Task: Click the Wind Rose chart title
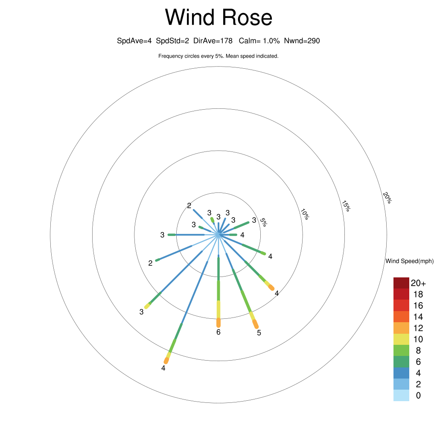(x=218, y=17)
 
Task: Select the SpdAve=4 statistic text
(x=134, y=41)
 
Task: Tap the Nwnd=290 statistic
(x=302, y=41)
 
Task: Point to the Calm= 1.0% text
(x=259, y=41)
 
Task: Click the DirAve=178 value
(x=213, y=41)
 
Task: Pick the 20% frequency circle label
(x=387, y=198)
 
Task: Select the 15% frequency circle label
(x=346, y=206)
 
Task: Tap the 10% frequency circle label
(x=305, y=214)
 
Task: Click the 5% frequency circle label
(x=263, y=222)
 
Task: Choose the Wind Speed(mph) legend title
(x=409, y=261)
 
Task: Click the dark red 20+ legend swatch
(x=401, y=283)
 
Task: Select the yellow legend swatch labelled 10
(x=401, y=339)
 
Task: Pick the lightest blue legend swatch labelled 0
(x=401, y=396)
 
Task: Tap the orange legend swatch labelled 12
(x=401, y=328)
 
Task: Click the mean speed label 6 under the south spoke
(x=218, y=332)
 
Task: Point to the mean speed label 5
(x=259, y=333)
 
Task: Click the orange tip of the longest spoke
(x=166, y=361)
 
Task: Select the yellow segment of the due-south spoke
(x=218, y=309)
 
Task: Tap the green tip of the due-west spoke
(x=172, y=235)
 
